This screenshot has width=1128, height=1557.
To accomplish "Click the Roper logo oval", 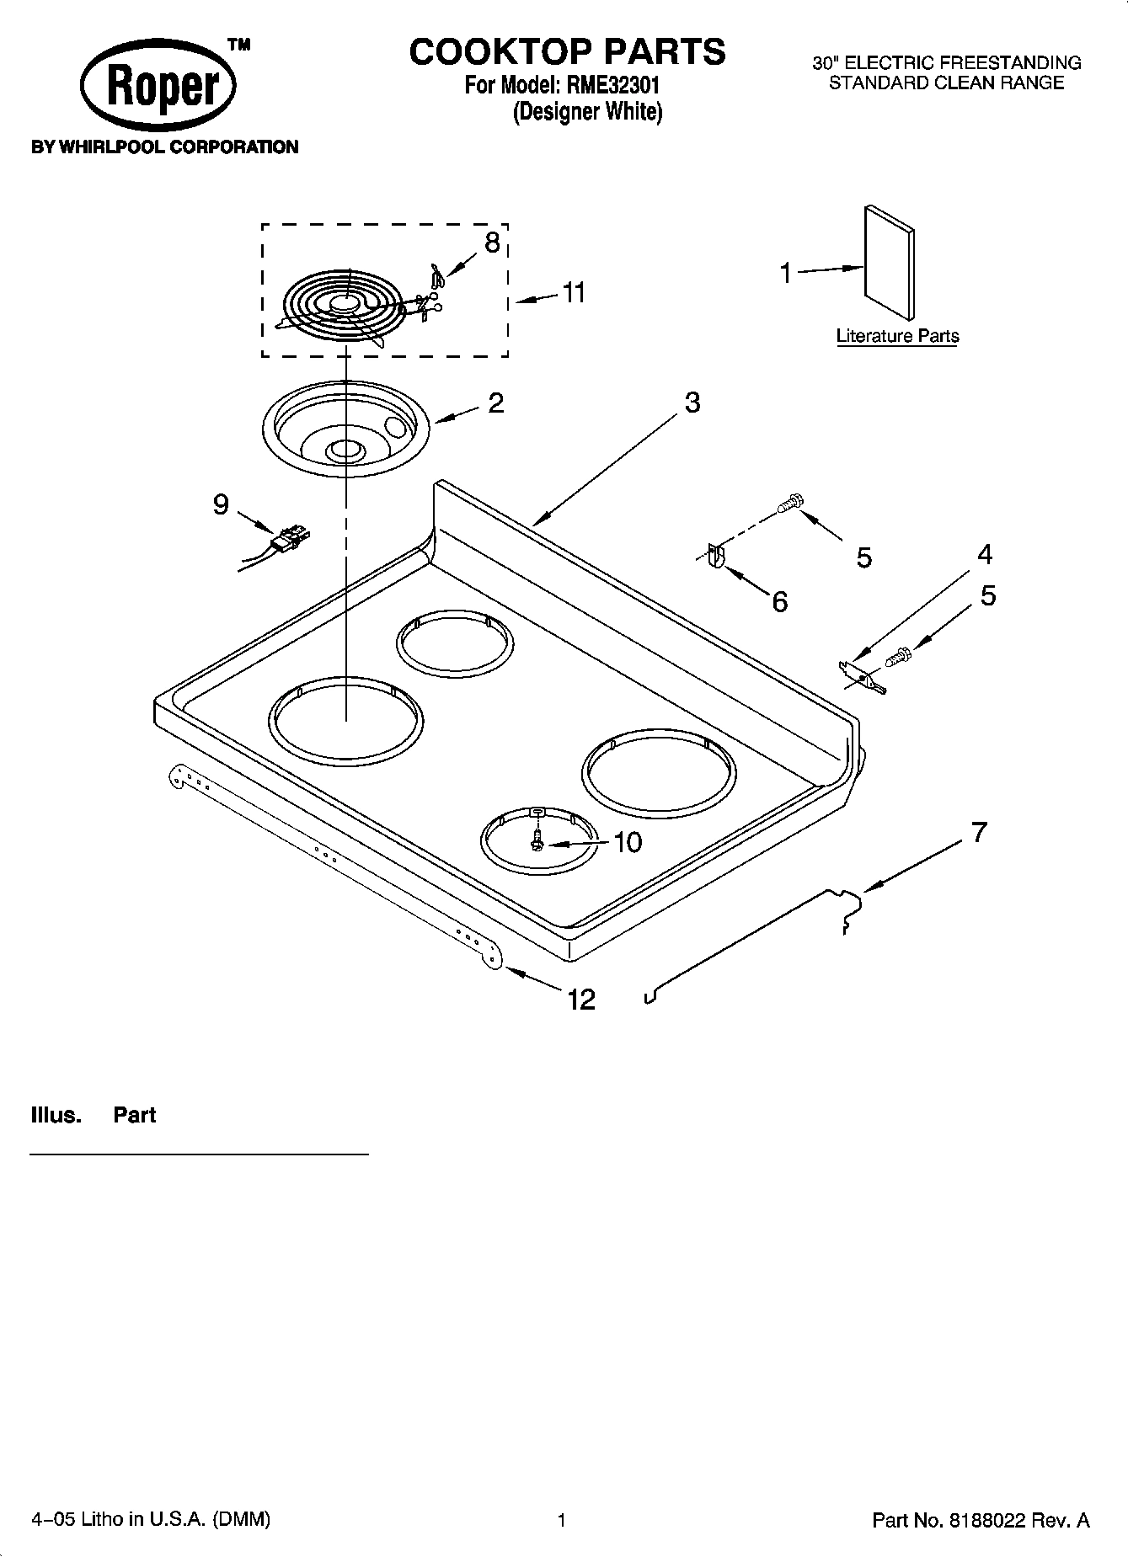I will pyautogui.click(x=158, y=88).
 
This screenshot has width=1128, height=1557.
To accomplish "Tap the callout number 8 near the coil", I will pyautogui.click(x=492, y=243).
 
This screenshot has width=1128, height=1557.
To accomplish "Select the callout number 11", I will pyautogui.click(x=574, y=293).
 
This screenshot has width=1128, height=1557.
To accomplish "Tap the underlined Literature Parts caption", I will pyautogui.click(x=897, y=336).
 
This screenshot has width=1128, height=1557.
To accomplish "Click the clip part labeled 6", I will pyautogui.click(x=715, y=557).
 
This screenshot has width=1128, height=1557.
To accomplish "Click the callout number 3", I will pyautogui.click(x=692, y=403).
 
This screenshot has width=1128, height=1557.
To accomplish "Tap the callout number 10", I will pyautogui.click(x=628, y=842).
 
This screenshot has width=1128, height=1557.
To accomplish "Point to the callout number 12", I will pyautogui.click(x=582, y=1000).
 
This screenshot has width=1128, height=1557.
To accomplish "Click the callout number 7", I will pyautogui.click(x=978, y=832).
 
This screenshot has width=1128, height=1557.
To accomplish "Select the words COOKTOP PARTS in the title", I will pyautogui.click(x=567, y=51).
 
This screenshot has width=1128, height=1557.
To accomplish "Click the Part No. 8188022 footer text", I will pyautogui.click(x=981, y=1520).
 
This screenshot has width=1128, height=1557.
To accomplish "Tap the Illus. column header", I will pyautogui.click(x=56, y=1115).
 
